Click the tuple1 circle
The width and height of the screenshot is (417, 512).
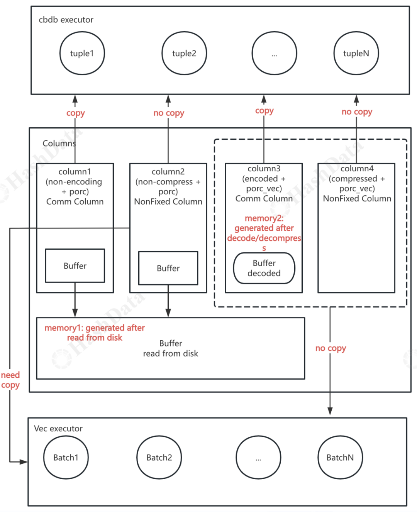tap(82, 53)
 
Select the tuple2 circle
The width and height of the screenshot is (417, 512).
tap(184, 53)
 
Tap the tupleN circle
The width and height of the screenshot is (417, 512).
tap(356, 53)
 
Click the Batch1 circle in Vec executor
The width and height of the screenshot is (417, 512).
tap(66, 458)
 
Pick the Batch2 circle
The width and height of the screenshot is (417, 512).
tap(159, 458)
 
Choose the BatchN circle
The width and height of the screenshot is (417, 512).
tap(340, 458)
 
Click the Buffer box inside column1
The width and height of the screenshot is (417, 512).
tap(75, 266)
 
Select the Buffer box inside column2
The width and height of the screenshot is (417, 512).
tap(168, 268)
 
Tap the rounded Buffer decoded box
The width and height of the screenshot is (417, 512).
tap(264, 268)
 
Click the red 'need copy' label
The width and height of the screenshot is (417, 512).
tap(10, 380)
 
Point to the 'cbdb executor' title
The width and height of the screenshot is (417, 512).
tap(66, 20)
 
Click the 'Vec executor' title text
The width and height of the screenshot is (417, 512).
tap(58, 429)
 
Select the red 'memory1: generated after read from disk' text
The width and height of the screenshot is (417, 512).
tap(95, 333)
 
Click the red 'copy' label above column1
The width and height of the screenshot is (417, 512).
tap(75, 113)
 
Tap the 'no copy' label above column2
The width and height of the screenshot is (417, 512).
tap(169, 113)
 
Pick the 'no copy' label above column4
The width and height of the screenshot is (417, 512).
tap(357, 112)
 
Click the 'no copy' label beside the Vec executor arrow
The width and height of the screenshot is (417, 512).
tap(331, 348)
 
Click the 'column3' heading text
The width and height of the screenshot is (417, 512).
tap(264, 169)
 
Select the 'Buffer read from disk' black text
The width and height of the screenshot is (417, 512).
tap(171, 348)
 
